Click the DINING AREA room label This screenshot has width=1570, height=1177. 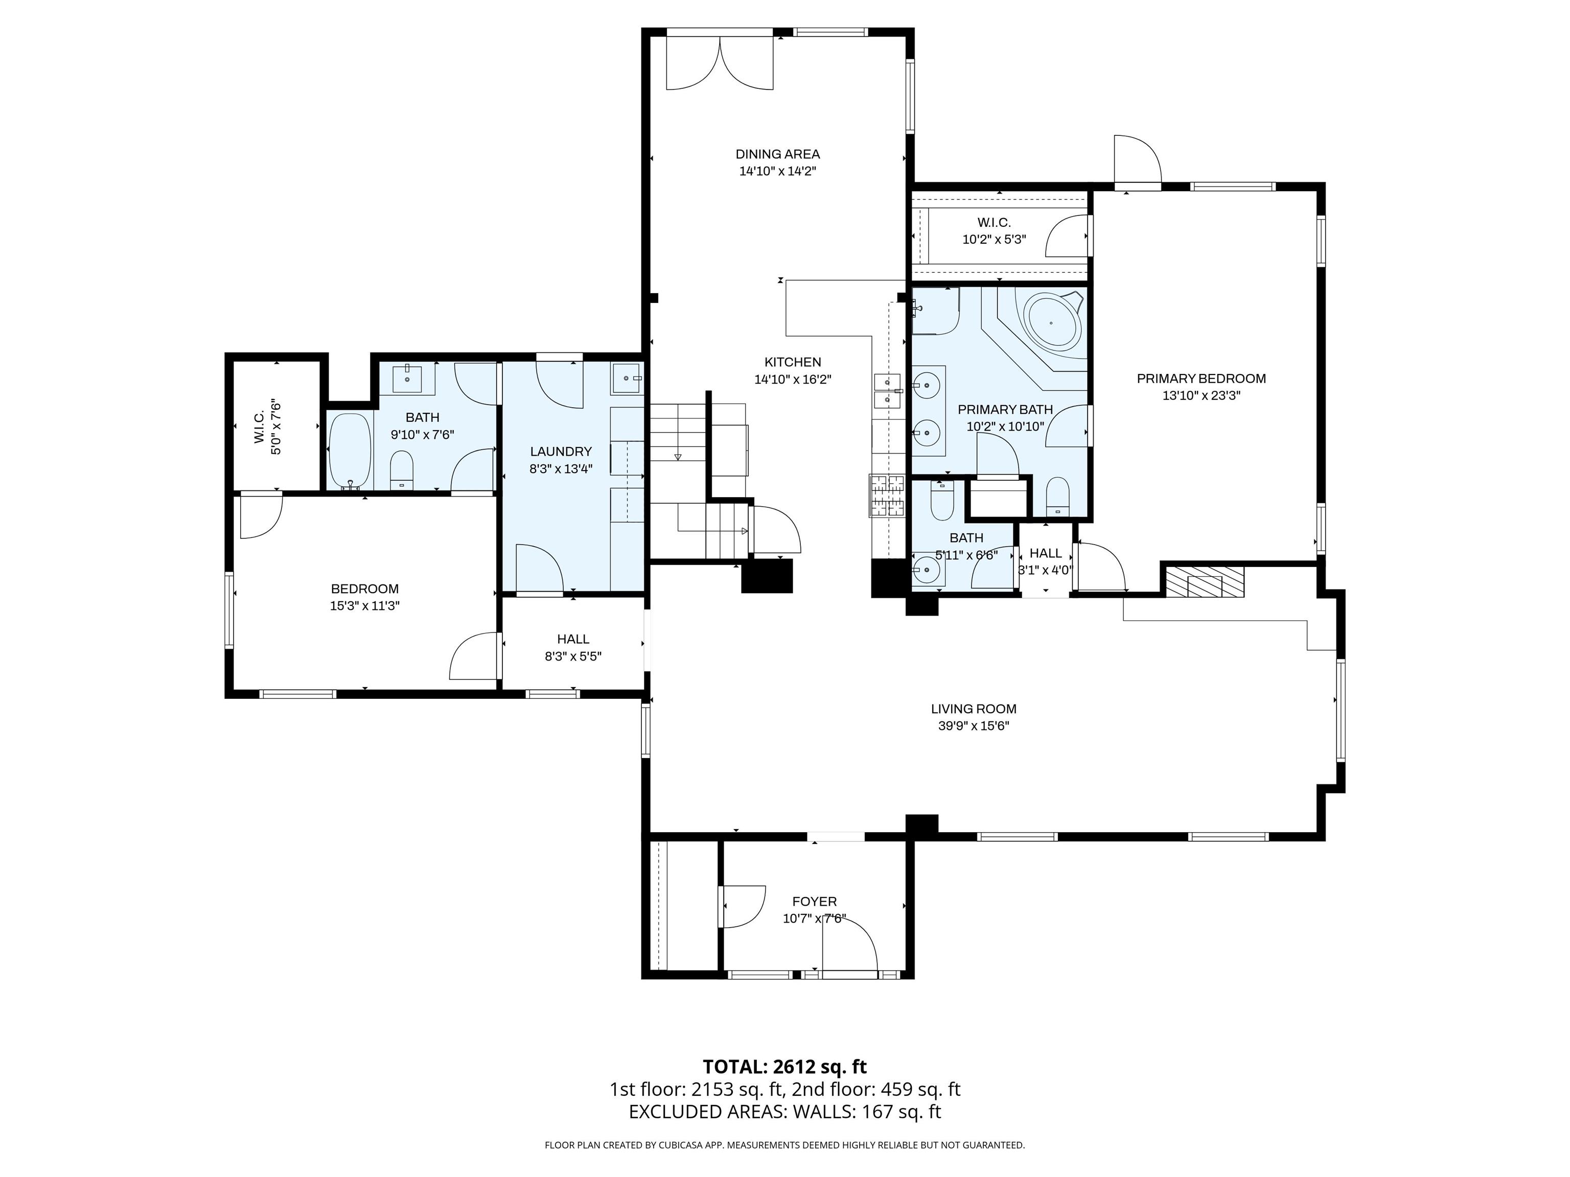pyautogui.click(x=777, y=154)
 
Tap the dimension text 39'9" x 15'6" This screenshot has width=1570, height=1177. pyautogui.click(x=973, y=726)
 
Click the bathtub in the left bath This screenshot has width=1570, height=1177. pyautogui.click(x=350, y=451)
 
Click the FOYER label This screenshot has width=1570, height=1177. pyautogui.click(x=814, y=901)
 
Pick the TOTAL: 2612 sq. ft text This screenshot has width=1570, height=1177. pyautogui.click(x=784, y=1066)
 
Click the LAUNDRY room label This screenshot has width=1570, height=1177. pyautogui.click(x=561, y=451)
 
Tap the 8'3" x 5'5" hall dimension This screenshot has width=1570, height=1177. pyautogui.click(x=573, y=656)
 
